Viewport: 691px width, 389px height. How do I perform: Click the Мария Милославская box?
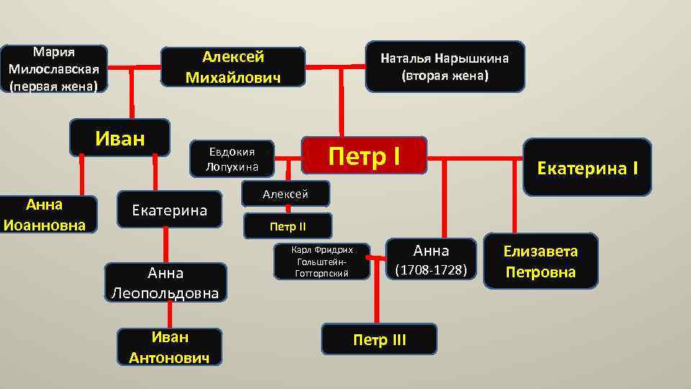54,69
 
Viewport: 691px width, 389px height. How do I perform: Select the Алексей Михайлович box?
232,67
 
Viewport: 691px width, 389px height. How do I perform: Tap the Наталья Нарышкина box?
444,66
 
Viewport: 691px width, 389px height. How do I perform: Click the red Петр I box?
364,155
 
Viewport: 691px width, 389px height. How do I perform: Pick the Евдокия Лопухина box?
232,158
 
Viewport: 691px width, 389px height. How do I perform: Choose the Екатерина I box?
587,168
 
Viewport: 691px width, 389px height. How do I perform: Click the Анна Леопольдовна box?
166,283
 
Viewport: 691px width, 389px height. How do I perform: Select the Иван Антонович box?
170,346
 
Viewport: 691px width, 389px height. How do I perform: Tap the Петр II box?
288,227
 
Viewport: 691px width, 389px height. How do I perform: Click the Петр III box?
379,339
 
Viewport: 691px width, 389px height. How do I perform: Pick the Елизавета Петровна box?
540,261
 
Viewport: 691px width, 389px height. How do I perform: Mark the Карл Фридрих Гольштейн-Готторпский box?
322,261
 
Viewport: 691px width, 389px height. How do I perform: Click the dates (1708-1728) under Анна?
431,270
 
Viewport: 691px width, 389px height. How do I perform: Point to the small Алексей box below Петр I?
286,194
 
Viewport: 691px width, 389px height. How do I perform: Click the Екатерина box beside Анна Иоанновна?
169,210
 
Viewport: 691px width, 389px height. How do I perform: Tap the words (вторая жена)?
444,75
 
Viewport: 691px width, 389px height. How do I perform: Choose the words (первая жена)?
54,85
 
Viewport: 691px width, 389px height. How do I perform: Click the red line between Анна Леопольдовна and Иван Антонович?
170,315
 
